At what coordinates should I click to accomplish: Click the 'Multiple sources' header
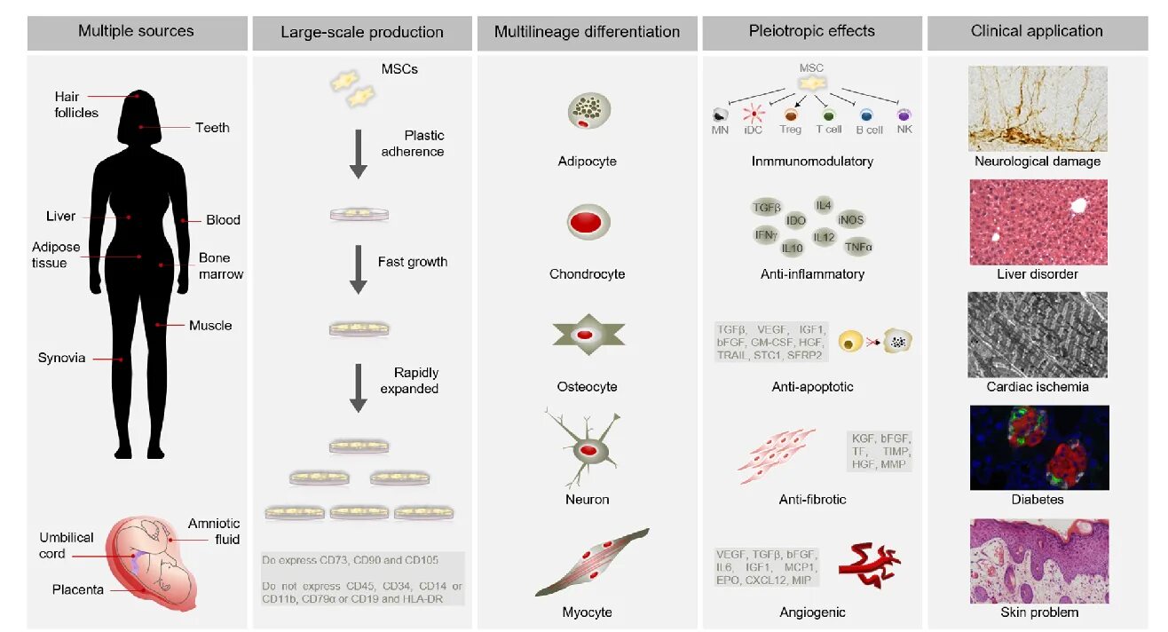[x=136, y=31]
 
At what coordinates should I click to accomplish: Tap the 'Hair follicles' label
[x=75, y=104]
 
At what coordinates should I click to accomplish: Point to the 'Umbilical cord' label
[x=66, y=545]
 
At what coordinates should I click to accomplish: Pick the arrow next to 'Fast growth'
[x=358, y=270]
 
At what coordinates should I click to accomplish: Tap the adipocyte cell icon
[x=587, y=112]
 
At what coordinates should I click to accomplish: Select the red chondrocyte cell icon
[x=587, y=223]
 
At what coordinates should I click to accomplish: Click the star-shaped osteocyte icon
[x=587, y=335]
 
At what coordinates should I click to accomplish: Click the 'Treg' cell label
[x=790, y=130]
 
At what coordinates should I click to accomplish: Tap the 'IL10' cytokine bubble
[x=792, y=249]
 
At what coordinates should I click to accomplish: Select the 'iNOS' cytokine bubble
[x=849, y=220]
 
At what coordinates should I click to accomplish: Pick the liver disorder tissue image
[x=1038, y=222]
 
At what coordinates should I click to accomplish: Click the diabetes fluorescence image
[x=1038, y=447]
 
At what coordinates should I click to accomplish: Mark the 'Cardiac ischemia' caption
[x=1037, y=387]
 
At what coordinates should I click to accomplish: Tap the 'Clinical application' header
[x=1037, y=31]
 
